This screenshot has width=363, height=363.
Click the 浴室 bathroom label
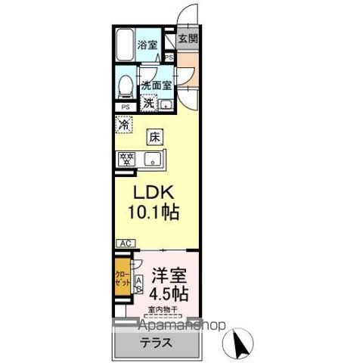coord(147,45)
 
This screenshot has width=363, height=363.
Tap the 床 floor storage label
coord(154,138)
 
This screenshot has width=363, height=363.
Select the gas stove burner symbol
coord(126,159)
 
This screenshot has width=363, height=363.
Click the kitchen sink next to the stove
coord(154,159)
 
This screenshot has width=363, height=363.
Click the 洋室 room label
coord(168,274)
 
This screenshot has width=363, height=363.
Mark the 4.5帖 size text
coord(168,293)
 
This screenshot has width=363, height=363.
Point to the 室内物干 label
coord(163,309)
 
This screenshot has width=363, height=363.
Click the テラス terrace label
coord(154,343)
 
